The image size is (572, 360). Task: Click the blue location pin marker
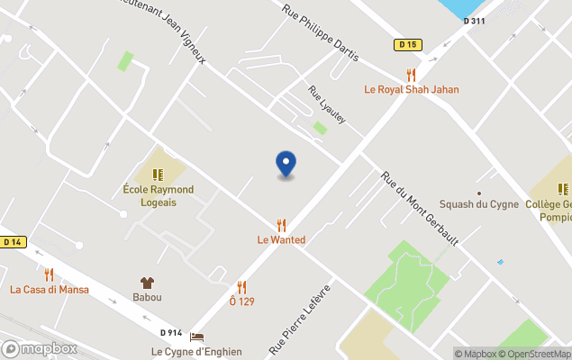[286, 164]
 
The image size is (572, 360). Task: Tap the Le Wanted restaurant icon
[281, 225]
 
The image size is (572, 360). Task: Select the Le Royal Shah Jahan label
[411, 89]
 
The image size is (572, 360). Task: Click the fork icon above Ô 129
[241, 287]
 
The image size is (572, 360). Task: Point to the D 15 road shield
[408, 44]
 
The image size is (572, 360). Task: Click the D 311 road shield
[474, 21]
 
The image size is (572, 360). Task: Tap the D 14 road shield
[12, 241]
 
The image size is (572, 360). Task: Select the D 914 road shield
[170, 333]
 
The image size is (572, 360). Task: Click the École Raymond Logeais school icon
[158, 175]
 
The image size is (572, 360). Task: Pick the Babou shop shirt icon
[147, 283]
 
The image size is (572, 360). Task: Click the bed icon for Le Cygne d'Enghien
[196, 337]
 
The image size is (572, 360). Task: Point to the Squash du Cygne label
[478, 204]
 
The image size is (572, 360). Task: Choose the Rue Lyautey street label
[327, 104]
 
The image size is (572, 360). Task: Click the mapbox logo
[39, 348]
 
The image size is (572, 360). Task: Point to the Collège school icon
[564, 189]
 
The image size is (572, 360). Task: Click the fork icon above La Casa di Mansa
[49, 274]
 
